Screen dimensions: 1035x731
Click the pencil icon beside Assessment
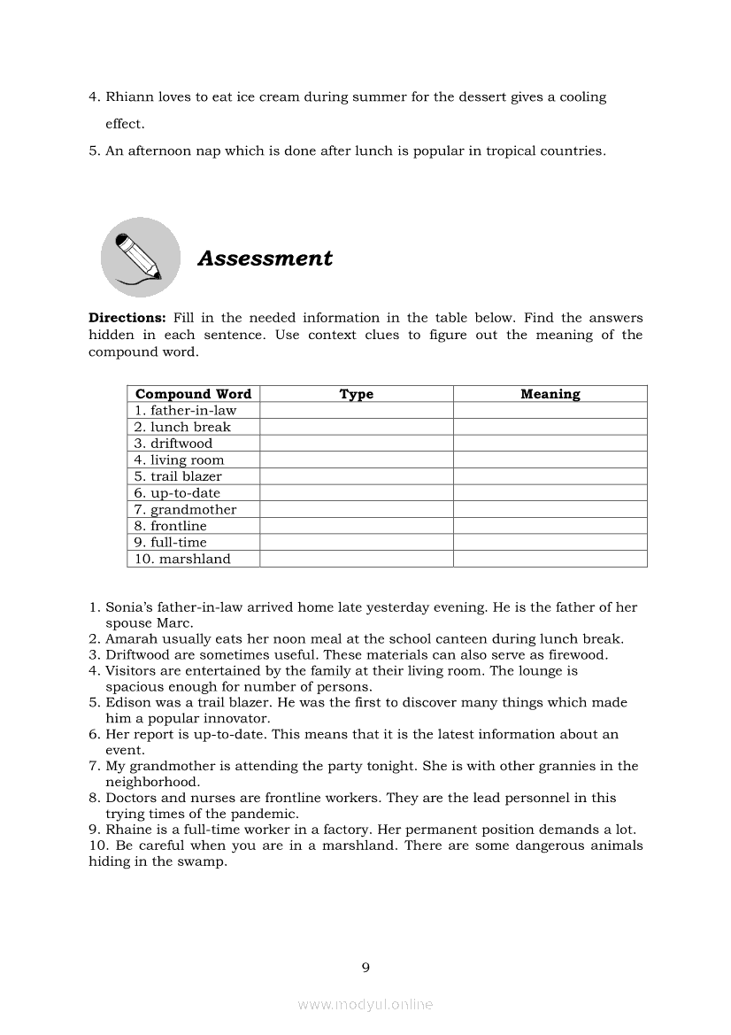coord(140,257)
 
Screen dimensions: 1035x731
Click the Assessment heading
coord(265,259)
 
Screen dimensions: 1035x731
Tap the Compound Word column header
coord(193,394)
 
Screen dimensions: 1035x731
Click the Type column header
coord(356,394)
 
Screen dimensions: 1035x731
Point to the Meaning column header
coord(550,394)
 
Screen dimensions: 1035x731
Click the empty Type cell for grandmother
coord(356,510)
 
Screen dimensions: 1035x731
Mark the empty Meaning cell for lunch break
coord(550,428)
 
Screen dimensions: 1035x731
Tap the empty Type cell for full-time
coord(356,543)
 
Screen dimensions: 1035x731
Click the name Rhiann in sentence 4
coord(129,97)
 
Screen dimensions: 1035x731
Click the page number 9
coord(365,968)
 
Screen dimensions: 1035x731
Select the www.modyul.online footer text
coord(365,1005)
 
